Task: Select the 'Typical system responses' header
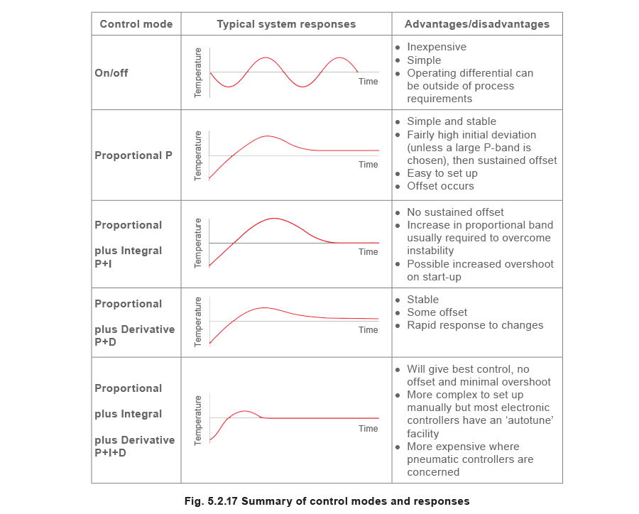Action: (x=286, y=24)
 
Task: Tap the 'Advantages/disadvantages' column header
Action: (x=477, y=24)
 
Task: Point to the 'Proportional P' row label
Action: (x=134, y=154)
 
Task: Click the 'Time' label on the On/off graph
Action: (x=368, y=82)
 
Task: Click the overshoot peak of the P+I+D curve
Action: (x=245, y=410)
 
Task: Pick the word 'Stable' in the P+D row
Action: (x=423, y=300)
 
